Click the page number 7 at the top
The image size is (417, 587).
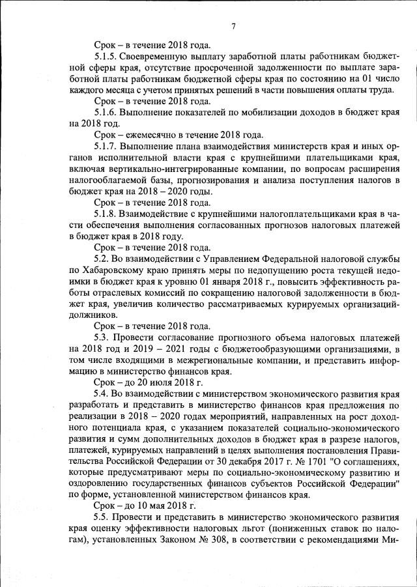point(233,26)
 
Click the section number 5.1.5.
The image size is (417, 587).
point(108,57)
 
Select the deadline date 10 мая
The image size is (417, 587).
point(158,506)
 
